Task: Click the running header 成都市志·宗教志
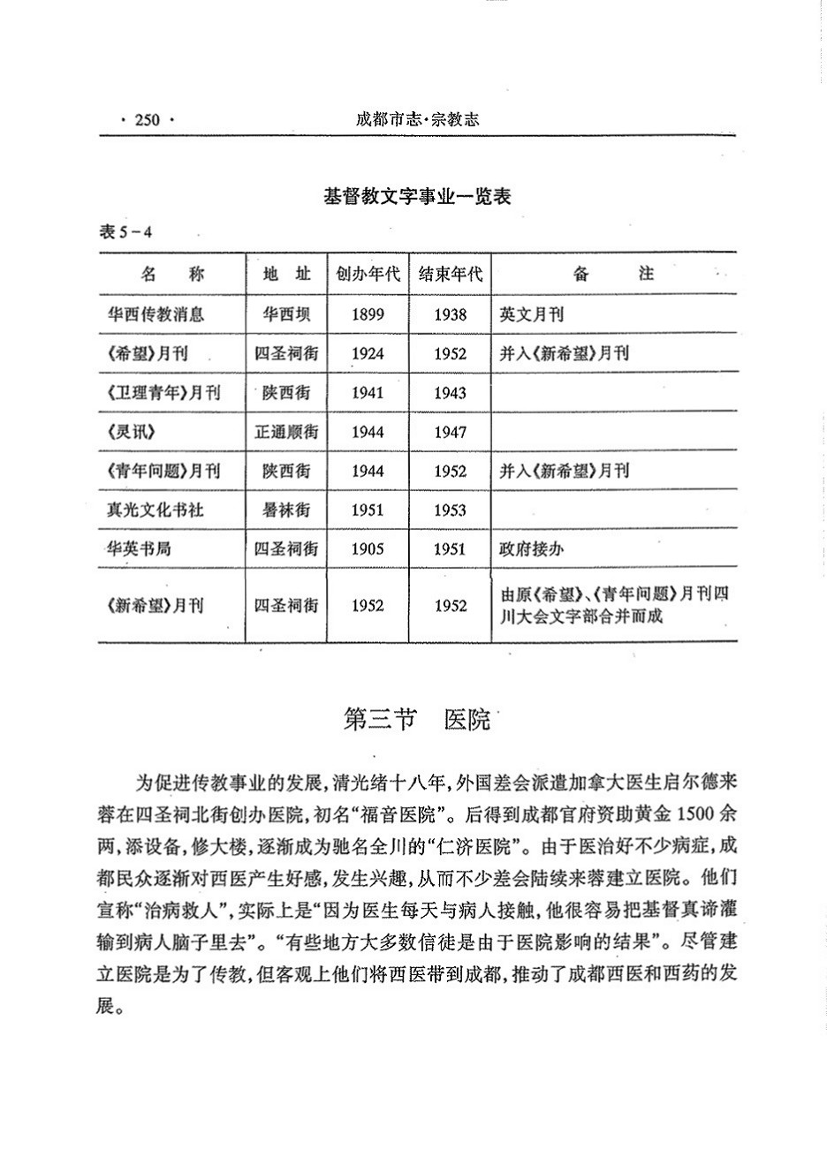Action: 417,120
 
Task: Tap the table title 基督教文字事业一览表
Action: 417,198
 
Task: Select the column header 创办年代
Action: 368,274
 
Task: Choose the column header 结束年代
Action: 451,274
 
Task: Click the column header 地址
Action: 287,274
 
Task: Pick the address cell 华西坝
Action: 286,314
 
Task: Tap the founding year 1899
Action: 368,314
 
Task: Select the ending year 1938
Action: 451,314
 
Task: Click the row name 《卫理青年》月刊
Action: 163,393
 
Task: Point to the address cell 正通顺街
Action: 286,432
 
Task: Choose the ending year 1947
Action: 451,432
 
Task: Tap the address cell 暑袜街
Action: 286,510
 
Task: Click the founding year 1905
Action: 368,548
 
